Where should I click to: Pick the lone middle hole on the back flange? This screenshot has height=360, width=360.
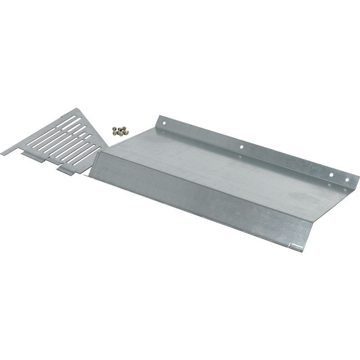pyautogui.click(x=242, y=147)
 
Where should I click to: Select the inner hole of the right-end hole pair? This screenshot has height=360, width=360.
pyautogui.click(x=331, y=175)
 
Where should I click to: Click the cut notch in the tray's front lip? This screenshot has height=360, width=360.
pyautogui.click(x=291, y=246)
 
